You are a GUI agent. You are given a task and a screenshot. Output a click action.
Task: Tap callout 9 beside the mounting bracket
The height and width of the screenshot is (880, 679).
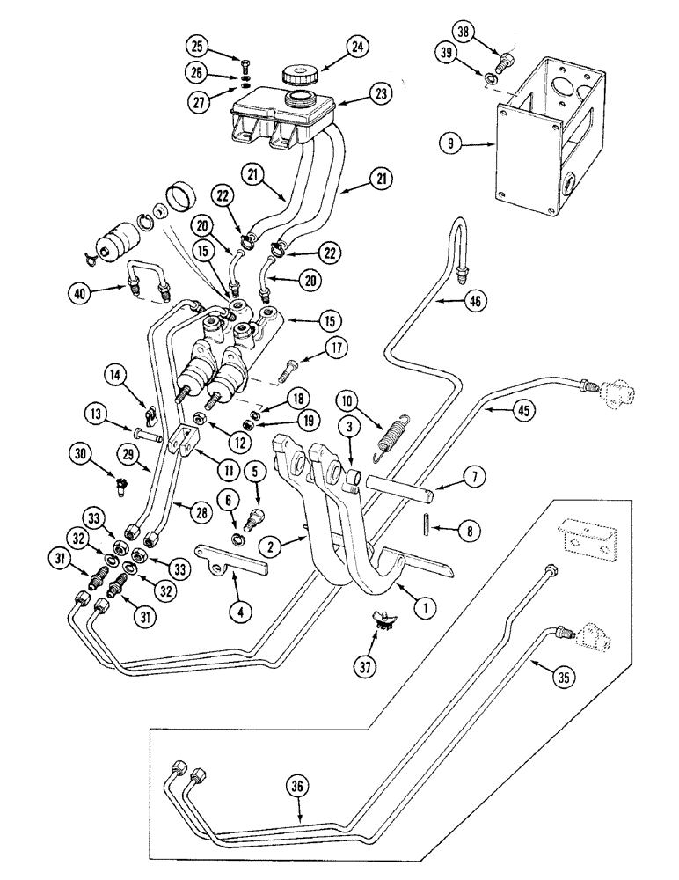click(x=449, y=142)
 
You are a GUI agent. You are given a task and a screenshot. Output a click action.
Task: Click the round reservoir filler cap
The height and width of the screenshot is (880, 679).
click(x=299, y=72)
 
